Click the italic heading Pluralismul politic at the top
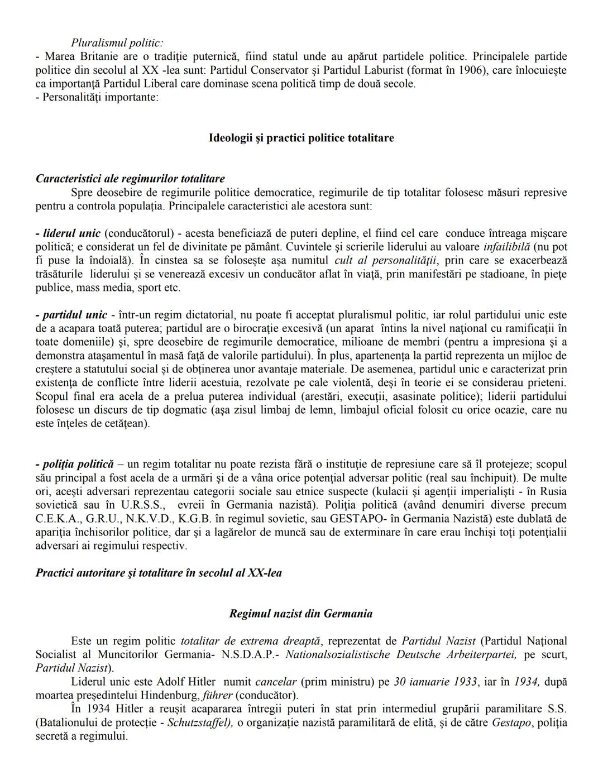coord(117,42)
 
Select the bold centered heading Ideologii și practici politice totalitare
coord(301,137)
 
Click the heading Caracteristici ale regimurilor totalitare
coord(130,179)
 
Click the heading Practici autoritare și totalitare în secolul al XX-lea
coord(159,573)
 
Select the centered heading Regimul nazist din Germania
coord(301,614)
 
